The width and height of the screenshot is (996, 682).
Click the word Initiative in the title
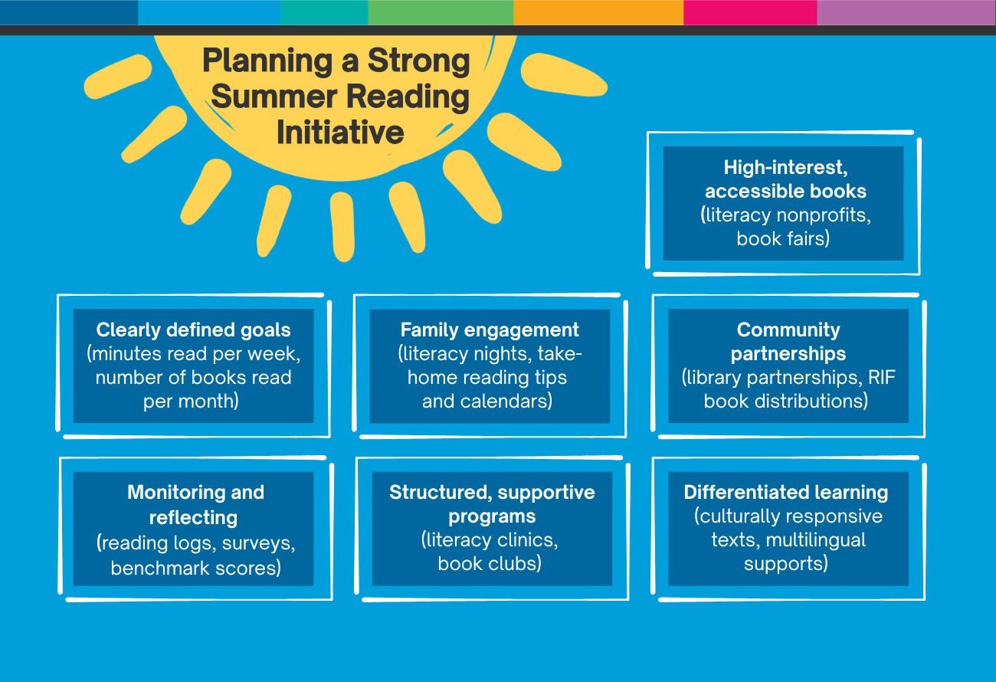click(339, 133)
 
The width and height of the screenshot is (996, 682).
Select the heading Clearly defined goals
click(193, 330)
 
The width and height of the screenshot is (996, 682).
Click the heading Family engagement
click(490, 330)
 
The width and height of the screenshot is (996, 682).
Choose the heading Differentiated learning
click(786, 493)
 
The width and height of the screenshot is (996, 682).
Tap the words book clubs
click(490, 563)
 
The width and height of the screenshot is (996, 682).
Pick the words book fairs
click(783, 238)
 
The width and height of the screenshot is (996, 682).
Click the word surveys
click(260, 543)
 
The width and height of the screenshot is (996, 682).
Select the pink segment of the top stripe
click(749, 12)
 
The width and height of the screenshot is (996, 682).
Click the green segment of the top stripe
click(440, 12)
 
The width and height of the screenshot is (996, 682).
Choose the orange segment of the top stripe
click(598, 12)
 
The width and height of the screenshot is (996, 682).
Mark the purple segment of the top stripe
click(906, 12)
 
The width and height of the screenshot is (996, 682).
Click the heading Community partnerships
click(788, 342)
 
